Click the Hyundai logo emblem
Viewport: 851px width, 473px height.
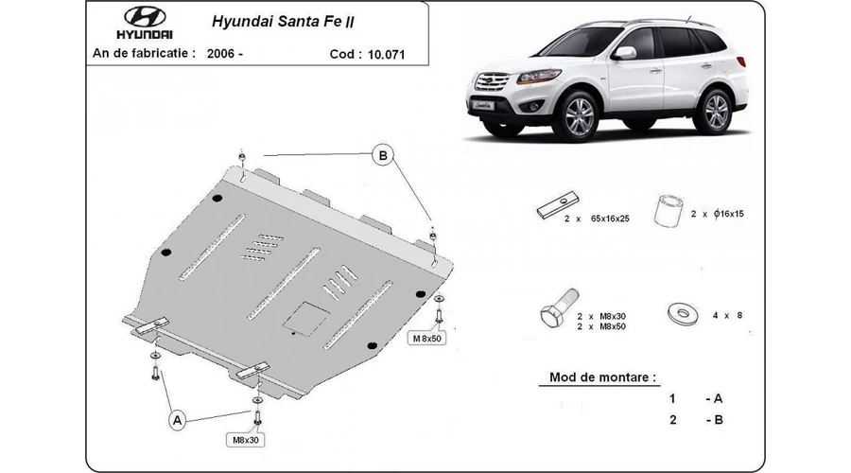click(x=145, y=17)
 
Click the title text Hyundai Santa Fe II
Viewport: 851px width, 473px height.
click(x=283, y=22)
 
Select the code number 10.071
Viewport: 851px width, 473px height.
click(x=386, y=54)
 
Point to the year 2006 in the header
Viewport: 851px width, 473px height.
click(x=220, y=53)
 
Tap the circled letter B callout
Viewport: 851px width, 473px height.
click(x=383, y=155)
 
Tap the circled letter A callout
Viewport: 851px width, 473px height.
click(x=178, y=420)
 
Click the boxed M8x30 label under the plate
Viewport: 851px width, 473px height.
click(x=245, y=440)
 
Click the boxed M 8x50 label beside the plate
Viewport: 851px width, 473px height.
click(x=427, y=339)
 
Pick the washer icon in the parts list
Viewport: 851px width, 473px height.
click(x=682, y=314)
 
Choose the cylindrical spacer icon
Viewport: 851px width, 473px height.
click(x=669, y=210)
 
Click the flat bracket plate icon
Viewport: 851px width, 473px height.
click(x=558, y=204)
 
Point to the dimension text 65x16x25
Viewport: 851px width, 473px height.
click(x=610, y=219)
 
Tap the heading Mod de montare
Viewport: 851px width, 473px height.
click(x=602, y=377)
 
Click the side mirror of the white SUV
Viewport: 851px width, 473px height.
click(x=625, y=53)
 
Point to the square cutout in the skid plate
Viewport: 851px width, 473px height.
click(x=306, y=318)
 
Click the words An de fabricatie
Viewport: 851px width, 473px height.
click(x=144, y=53)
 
